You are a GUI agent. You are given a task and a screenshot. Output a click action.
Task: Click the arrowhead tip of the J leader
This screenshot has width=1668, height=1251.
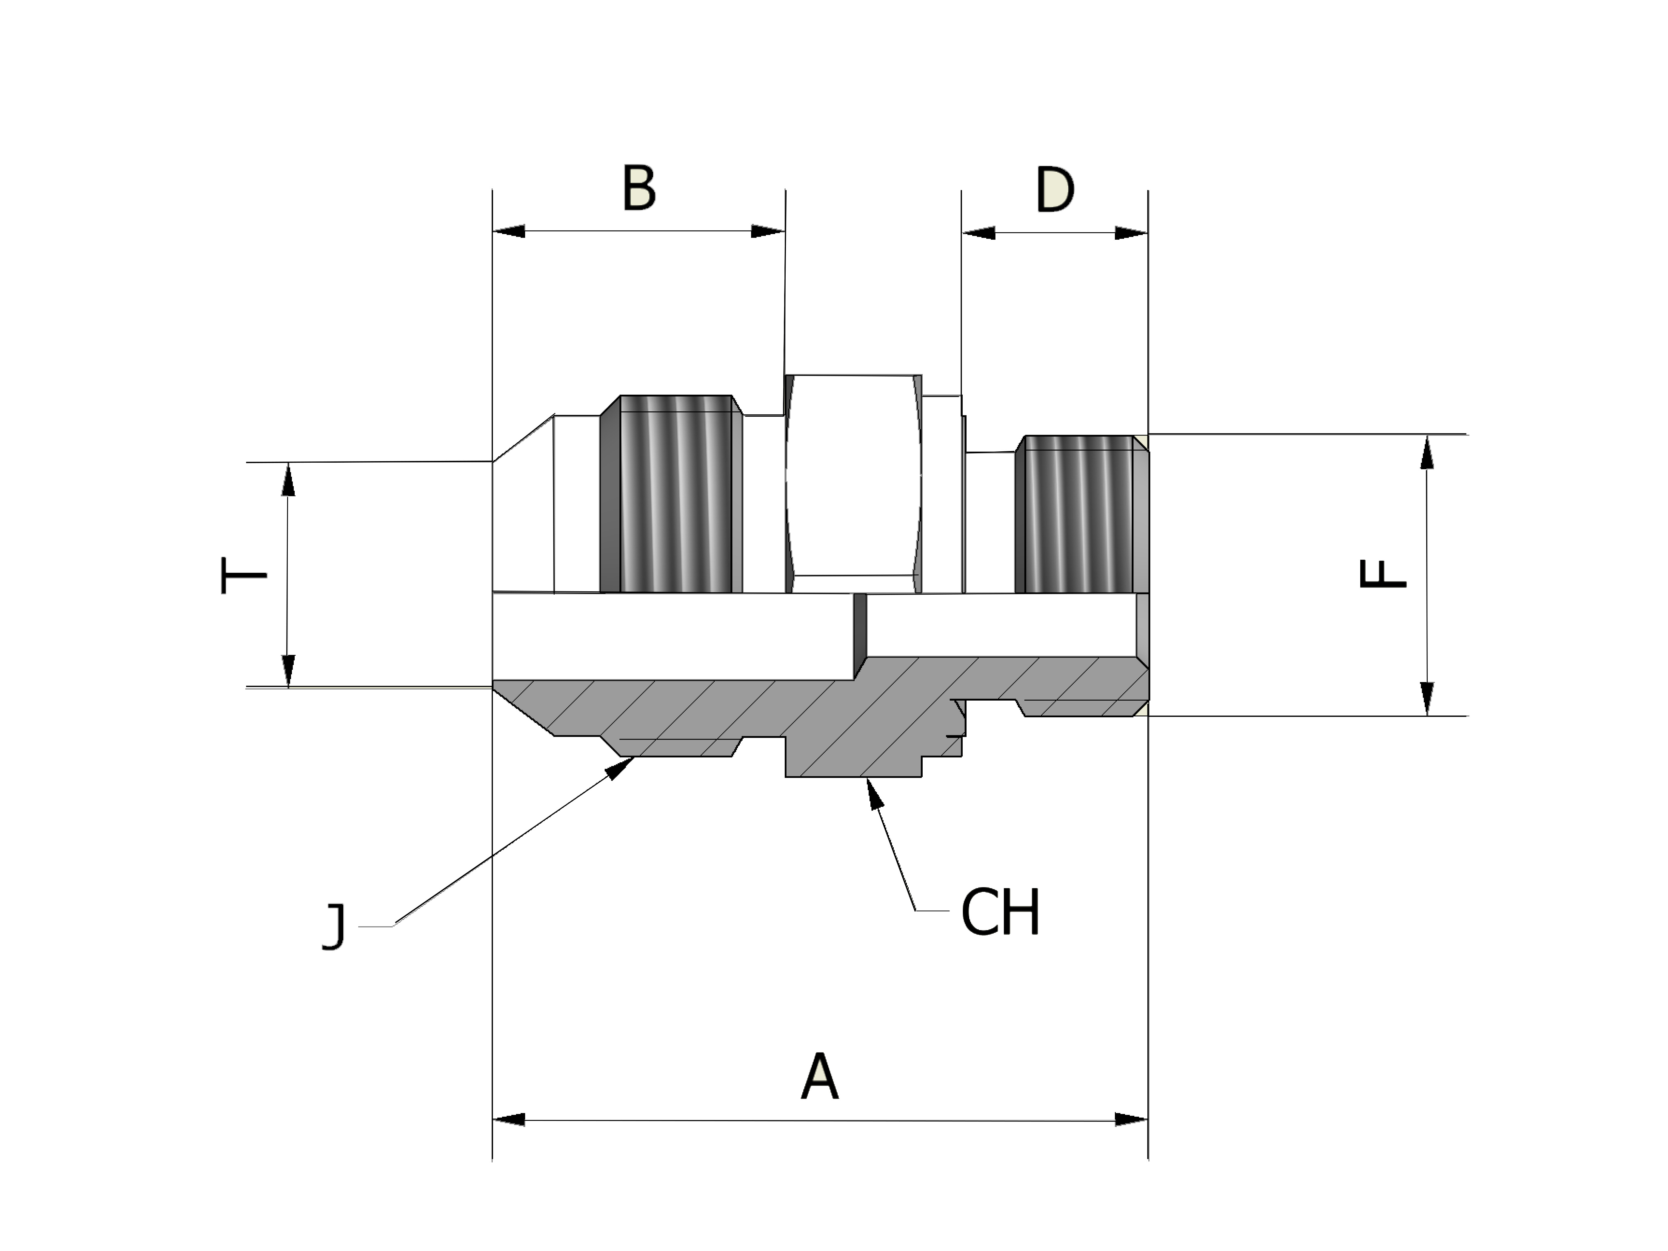pos(632,758)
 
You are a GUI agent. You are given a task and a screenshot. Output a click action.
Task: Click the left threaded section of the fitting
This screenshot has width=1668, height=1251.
pos(675,494)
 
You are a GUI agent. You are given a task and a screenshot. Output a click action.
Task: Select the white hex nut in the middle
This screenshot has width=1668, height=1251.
pos(853,483)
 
